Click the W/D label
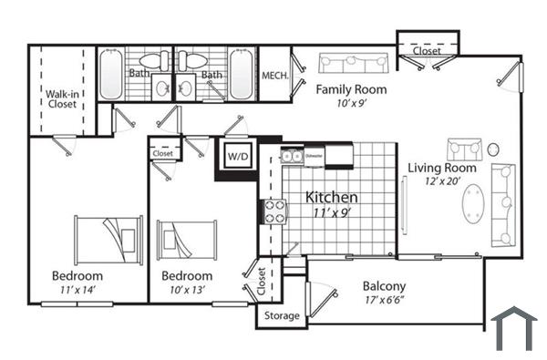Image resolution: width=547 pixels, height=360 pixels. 237,157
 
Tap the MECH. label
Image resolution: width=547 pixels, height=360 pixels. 274,76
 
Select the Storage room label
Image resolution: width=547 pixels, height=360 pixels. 281,315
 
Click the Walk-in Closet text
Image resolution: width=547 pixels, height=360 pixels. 62,98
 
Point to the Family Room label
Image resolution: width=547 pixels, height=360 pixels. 351,89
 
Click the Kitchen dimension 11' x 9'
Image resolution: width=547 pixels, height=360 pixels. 331,214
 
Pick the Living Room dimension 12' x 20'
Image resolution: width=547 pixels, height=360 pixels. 442,182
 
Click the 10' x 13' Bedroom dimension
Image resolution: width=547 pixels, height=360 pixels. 186,290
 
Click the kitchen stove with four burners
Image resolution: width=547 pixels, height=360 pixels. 274,211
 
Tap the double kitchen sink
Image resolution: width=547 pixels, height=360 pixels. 293,157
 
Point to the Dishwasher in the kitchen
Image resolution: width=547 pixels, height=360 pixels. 314,156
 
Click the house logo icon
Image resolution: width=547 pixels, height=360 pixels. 513,328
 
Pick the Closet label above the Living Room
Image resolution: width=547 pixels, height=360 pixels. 427,51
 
